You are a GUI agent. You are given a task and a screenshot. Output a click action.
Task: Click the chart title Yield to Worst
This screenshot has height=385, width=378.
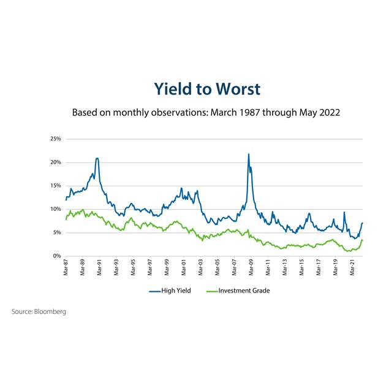[206, 89]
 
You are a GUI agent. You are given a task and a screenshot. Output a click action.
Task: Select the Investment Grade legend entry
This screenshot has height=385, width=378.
[243, 291]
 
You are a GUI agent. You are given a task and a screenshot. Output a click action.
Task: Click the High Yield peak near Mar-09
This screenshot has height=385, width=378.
[248, 154]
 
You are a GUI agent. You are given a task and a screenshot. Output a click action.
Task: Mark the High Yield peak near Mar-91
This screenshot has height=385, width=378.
[97, 158]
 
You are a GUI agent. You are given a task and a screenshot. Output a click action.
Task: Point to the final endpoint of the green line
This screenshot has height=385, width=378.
[363, 240]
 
